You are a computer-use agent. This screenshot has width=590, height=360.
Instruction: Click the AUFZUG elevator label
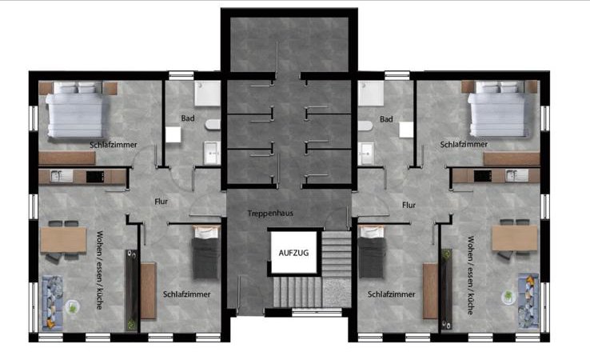tap(293, 253)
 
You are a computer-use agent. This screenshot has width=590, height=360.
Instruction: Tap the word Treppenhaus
tap(270, 213)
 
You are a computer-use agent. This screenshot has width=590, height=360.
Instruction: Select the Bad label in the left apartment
tap(188, 118)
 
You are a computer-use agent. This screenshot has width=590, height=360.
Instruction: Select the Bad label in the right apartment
tap(386, 119)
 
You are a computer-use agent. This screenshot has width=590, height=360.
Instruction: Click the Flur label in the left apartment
tap(161, 202)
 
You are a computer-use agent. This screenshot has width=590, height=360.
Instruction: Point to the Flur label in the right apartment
tap(409, 205)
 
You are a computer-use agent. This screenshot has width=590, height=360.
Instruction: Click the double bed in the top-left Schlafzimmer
tap(75, 110)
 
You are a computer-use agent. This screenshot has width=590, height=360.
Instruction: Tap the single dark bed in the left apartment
tap(206, 252)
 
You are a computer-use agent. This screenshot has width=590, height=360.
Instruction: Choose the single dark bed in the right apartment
tap(372, 252)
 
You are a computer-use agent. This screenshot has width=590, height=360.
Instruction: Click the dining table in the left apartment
tap(64, 239)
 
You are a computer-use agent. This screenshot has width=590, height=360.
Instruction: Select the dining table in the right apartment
tap(514, 238)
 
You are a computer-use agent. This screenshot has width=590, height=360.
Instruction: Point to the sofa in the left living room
tap(52, 302)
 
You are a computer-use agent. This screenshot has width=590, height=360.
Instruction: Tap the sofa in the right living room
tap(528, 302)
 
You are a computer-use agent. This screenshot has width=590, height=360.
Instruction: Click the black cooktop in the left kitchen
tap(95, 177)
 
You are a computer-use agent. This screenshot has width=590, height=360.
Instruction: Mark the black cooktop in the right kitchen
tap(483, 176)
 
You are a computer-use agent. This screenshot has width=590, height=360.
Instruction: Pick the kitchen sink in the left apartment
tap(62, 176)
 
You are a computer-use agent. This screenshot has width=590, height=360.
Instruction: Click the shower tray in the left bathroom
tap(207, 94)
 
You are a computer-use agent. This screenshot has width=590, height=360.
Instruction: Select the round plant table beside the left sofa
tap(72, 307)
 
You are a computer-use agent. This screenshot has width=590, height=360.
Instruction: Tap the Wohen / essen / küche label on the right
tap(470, 275)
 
